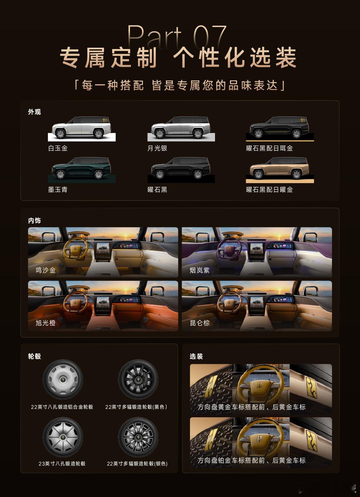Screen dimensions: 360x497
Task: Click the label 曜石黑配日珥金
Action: click(270, 148)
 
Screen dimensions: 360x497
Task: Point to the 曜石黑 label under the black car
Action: click(157, 190)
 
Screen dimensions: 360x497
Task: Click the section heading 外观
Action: click(34, 112)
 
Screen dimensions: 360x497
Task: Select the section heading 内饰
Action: click(34, 220)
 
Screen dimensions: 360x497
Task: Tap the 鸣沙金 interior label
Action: click(46, 270)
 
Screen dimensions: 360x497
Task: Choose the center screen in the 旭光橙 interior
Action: click(103, 305)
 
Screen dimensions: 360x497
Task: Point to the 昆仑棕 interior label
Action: click(200, 323)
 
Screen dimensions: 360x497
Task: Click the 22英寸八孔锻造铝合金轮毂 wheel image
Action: click(63, 379)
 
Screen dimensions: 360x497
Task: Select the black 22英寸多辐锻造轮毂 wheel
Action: click(138, 379)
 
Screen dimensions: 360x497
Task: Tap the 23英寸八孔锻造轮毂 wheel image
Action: click(63, 437)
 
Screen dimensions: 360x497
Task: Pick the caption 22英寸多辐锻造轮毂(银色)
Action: click(137, 464)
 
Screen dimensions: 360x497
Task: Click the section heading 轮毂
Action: click(34, 356)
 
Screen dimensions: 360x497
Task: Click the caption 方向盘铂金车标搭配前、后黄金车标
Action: click(252, 460)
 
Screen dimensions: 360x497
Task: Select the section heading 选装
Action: click(196, 356)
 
